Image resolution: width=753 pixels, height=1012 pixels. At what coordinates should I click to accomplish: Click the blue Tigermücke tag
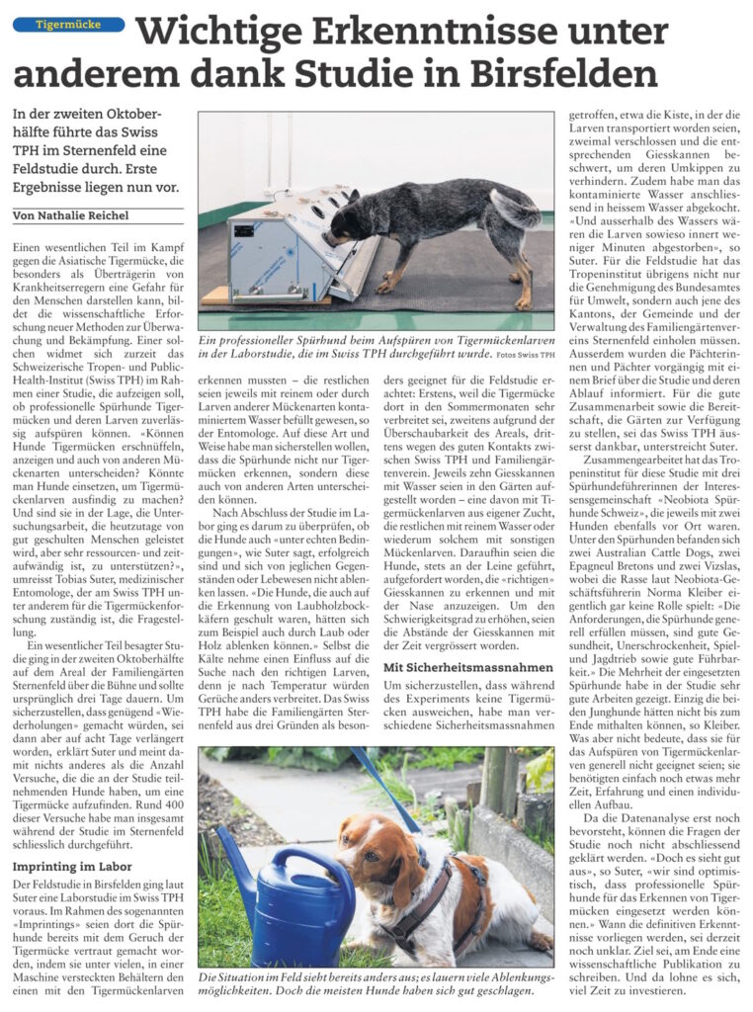click(67, 24)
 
